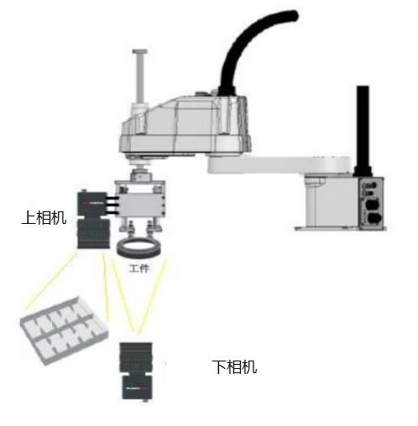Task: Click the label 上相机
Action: coord(44,217)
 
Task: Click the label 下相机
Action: coord(234,366)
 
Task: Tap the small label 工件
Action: coord(139,268)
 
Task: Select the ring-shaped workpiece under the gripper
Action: coord(138,252)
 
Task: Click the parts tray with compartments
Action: coord(64,330)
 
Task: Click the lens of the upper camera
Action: coord(93,234)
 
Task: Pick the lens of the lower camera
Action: coord(136,358)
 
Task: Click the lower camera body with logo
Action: coord(138,387)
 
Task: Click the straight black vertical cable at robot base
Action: coord(363,131)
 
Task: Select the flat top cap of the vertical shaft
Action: coord(140,51)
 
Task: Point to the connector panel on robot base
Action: coord(371,204)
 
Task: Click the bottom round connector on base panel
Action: coord(374,218)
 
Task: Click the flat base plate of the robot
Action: coord(340,228)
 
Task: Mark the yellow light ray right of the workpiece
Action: coord(153,296)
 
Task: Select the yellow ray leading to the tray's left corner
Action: coord(52,281)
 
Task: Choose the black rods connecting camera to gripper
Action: coord(112,205)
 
